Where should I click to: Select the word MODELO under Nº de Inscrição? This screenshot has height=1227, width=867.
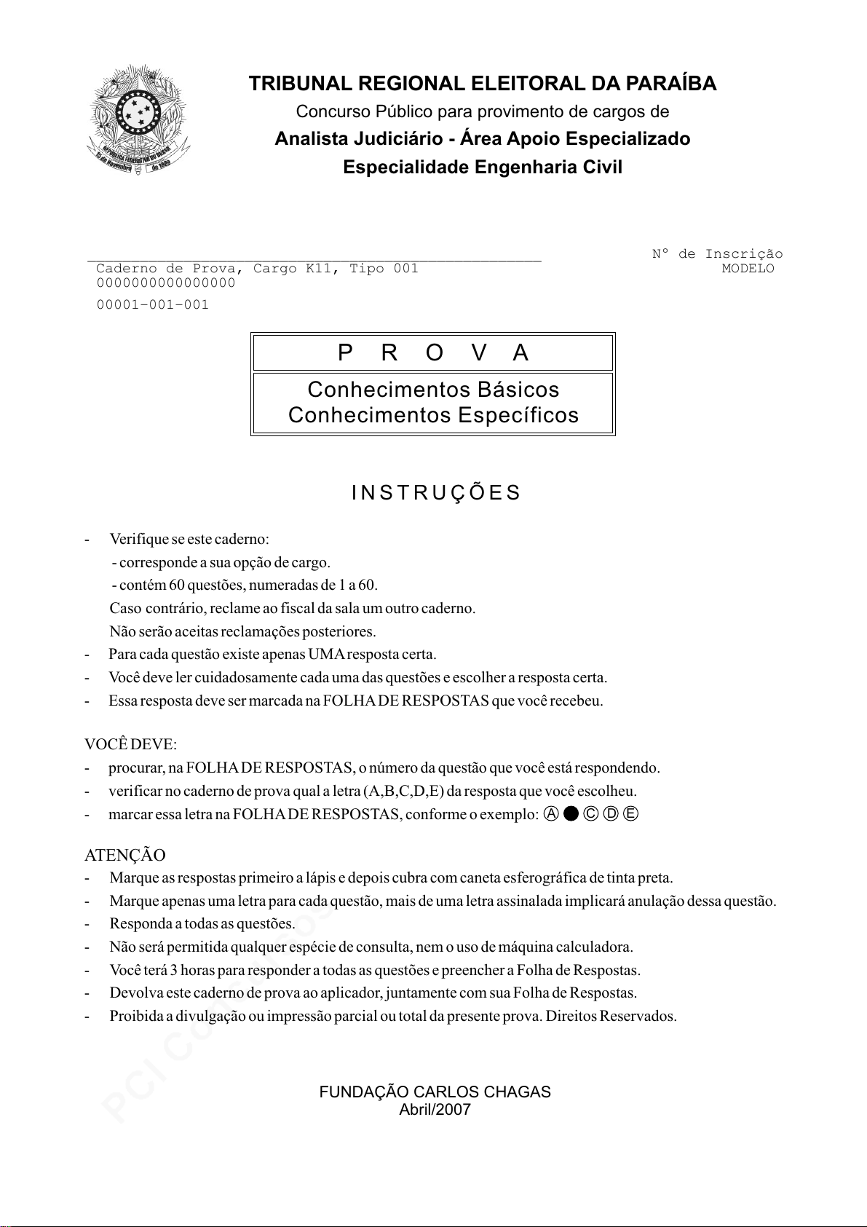click(748, 269)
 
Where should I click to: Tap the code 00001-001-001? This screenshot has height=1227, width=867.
click(153, 305)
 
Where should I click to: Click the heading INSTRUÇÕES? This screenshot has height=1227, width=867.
click(436, 493)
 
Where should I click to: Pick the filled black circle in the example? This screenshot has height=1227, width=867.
click(571, 814)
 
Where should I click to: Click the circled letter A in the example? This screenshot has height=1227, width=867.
click(551, 814)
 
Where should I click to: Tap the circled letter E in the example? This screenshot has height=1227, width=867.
click(630, 814)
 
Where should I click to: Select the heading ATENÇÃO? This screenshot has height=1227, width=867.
click(125, 855)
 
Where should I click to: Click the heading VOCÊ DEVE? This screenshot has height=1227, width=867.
click(131, 745)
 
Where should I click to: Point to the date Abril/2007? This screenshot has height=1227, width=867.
click(435, 1110)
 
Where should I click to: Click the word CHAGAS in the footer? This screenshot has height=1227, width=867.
click(520, 1092)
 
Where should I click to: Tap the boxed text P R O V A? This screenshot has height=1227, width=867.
click(433, 353)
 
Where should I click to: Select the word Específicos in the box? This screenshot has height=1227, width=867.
click(518, 415)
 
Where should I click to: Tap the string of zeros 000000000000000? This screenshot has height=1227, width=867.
click(166, 283)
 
